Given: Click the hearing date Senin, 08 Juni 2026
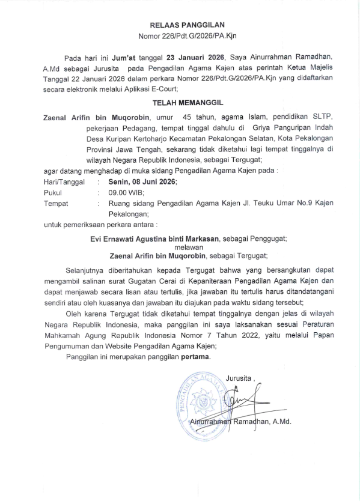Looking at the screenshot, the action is (x=142, y=181).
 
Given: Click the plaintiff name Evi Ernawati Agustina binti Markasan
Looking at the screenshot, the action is (x=152, y=238).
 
